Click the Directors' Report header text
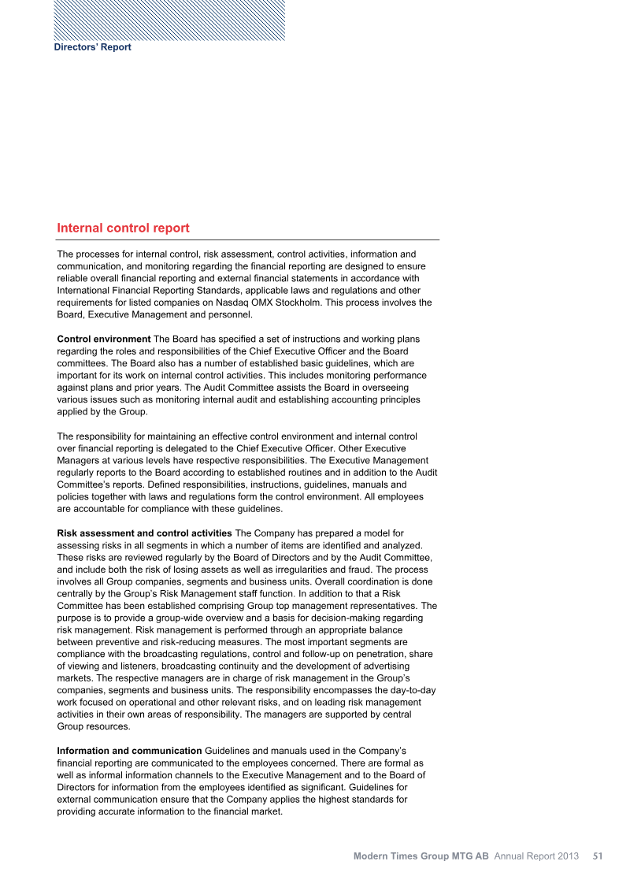92,47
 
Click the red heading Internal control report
123,228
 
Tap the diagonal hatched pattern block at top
169,20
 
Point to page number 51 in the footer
598,856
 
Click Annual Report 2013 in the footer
536,856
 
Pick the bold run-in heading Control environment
104,339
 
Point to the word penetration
369,654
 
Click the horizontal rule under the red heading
247,239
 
